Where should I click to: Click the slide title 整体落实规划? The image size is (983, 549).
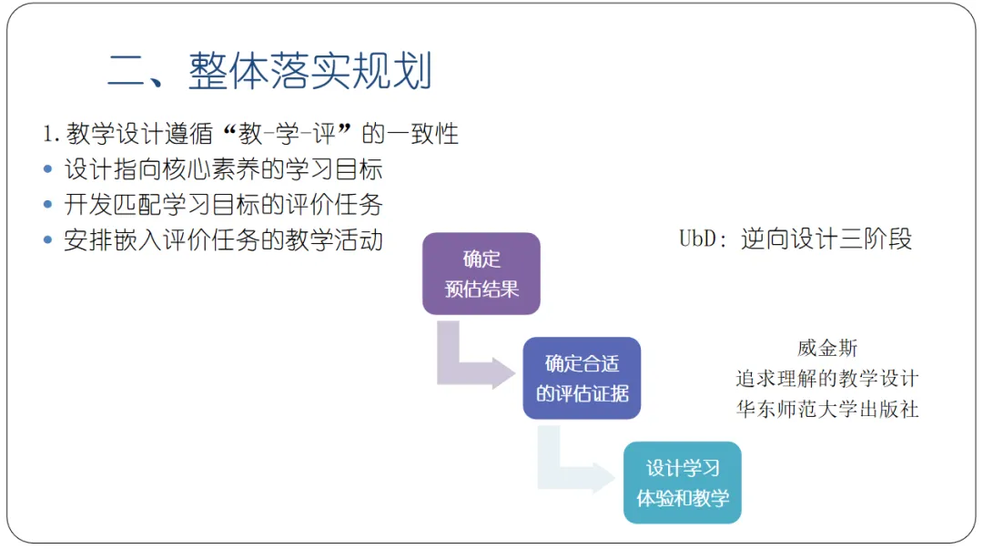tap(309, 72)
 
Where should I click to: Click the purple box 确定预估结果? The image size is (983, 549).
tap(481, 274)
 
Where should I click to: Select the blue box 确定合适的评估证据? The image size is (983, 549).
tap(582, 378)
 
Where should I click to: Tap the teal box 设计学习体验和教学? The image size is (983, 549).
tap(682, 483)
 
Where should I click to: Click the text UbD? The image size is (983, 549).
tap(700, 239)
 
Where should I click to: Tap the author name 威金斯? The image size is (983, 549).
tap(827, 348)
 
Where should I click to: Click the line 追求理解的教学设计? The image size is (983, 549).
tap(827, 378)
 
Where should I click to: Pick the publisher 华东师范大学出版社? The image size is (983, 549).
tap(827, 409)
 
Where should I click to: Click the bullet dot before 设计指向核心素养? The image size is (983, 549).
tap(48, 169)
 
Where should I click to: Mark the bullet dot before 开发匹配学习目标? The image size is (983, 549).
tap(48, 205)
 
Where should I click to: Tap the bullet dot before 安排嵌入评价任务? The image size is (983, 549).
tap(48, 240)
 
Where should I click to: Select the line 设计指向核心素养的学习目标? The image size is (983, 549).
tap(223, 169)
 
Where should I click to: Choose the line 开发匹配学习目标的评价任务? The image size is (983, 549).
tap(223, 205)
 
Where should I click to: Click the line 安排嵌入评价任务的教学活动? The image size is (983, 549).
tap(223, 240)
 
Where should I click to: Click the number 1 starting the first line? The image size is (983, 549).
tap(48, 135)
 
